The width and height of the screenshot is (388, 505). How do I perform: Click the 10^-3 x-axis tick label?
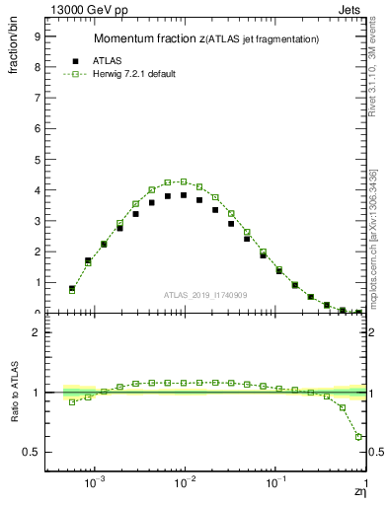(95, 483)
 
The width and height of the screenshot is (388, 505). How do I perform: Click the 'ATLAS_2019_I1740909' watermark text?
(206, 295)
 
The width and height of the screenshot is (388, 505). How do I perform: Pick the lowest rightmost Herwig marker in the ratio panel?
(358, 436)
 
